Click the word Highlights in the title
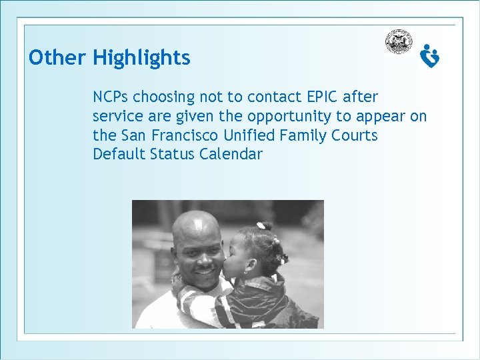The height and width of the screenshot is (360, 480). (x=141, y=58)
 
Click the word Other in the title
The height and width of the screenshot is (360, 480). (x=57, y=58)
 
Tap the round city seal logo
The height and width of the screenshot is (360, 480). (x=398, y=42)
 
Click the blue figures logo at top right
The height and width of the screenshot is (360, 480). (x=430, y=56)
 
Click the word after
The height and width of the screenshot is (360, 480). (x=361, y=97)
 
